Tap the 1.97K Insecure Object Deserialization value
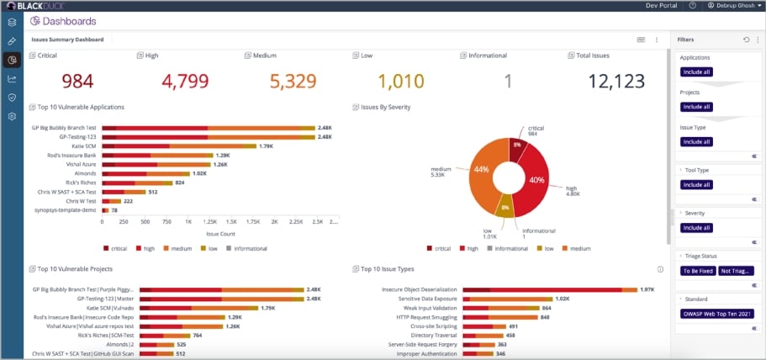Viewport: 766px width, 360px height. point(647,289)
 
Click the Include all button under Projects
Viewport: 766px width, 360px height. point(697,107)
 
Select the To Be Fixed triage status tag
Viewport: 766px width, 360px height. point(697,271)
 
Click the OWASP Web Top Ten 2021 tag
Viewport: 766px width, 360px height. point(716,314)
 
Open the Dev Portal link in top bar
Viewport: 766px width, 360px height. point(661,6)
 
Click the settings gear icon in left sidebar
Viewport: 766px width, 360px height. point(12,116)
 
